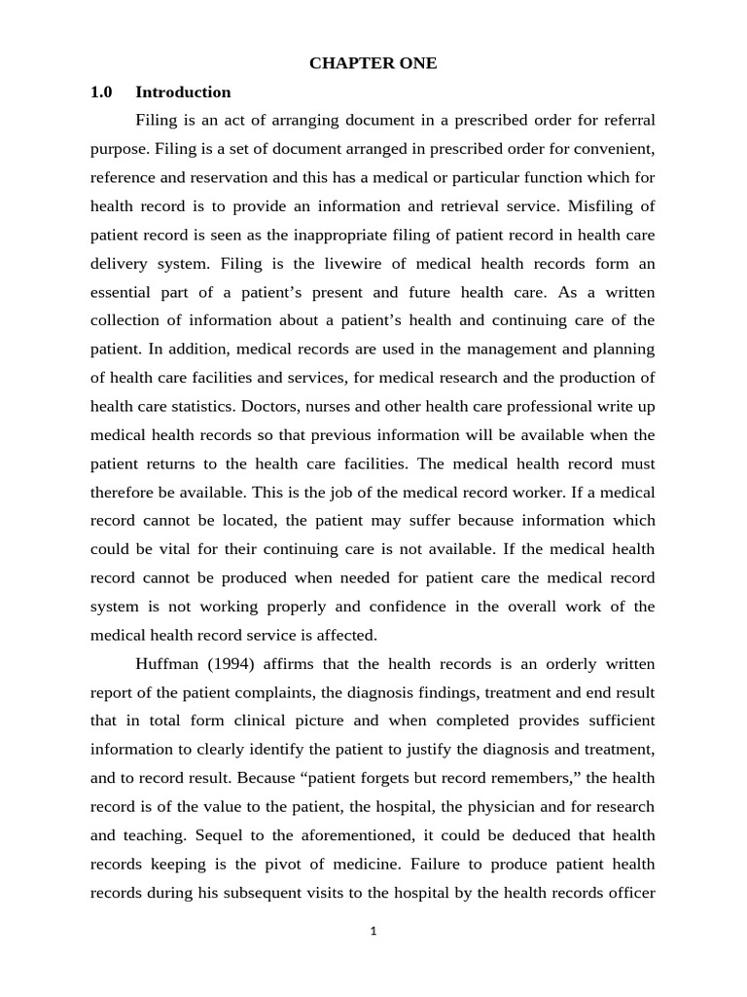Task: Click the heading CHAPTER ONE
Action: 373,63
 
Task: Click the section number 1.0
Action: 101,92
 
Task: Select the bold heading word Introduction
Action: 183,92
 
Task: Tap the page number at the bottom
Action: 373,931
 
